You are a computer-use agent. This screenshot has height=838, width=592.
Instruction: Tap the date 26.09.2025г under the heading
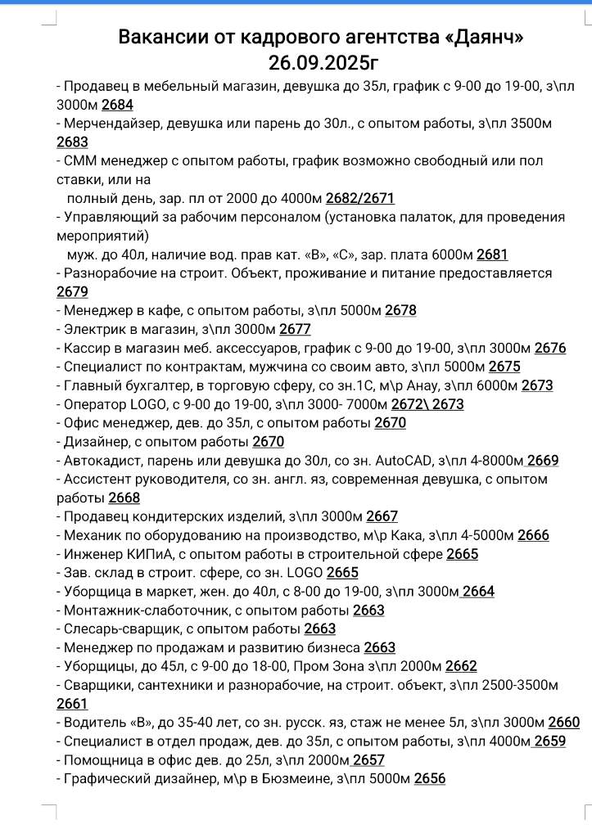point(323,63)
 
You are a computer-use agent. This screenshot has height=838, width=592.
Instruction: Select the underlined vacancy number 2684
point(117,104)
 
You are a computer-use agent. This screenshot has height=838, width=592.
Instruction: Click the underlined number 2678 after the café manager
point(400,311)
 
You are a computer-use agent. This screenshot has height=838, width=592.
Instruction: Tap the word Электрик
point(94,330)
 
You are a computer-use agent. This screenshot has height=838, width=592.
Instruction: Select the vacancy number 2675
point(504,367)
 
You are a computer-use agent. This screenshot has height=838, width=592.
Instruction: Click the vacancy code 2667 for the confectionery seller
point(382,517)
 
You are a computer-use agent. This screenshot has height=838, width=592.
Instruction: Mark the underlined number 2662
point(461,667)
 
